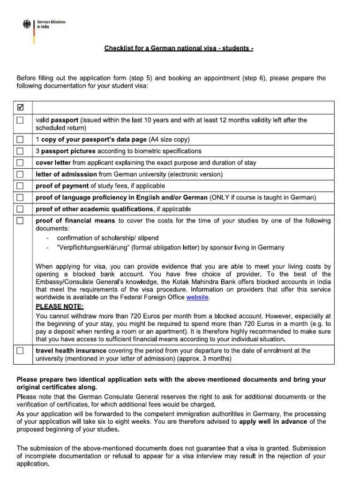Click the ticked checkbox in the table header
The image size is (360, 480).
[x=20, y=107]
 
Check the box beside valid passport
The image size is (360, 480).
[x=20, y=120]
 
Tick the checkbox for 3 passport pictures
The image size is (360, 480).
[x=20, y=151]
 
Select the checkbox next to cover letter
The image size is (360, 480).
[x=20, y=163]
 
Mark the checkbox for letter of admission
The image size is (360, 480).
[x=20, y=174]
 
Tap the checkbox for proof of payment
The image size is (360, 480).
[x=20, y=186]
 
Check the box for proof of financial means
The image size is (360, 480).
[x=20, y=220]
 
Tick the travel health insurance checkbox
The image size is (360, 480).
[x=20, y=351]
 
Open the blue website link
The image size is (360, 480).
[x=198, y=297]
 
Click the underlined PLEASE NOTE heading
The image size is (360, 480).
[x=60, y=307]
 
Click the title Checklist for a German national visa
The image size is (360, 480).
[x=179, y=48]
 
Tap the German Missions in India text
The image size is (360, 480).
[x=51, y=24]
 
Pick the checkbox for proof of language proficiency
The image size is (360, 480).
[x=20, y=197]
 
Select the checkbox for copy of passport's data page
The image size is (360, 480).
[x=20, y=139]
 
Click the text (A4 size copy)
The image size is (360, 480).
[x=169, y=139]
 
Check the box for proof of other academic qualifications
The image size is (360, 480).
[x=20, y=209]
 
